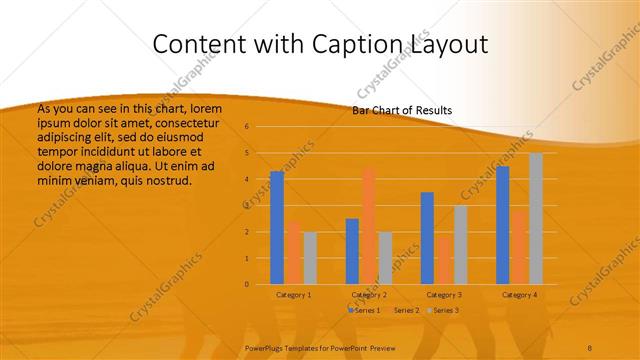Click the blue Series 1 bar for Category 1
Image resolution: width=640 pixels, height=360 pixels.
coord(277,228)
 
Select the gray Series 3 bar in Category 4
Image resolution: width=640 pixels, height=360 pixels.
coord(536,218)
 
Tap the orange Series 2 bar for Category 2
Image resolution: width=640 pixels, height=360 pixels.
coord(369,226)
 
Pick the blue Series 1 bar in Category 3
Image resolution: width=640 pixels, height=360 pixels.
coord(427,238)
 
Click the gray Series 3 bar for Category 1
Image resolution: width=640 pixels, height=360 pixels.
coord(310,258)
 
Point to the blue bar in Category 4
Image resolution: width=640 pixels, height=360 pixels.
coord(502,225)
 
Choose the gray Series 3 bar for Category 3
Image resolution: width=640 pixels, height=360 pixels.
coord(460,245)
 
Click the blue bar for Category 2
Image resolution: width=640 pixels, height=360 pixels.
coord(352,251)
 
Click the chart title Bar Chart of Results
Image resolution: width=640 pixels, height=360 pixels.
coord(402,110)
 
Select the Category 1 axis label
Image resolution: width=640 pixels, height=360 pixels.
coord(293,295)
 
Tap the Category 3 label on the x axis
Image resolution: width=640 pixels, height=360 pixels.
coord(443,295)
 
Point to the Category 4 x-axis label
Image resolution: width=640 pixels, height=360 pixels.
coord(519,295)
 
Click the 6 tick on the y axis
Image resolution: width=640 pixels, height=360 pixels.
coord(246,127)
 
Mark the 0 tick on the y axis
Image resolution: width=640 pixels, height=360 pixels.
coord(246,284)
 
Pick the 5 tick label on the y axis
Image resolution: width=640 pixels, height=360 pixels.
coord(246,153)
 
